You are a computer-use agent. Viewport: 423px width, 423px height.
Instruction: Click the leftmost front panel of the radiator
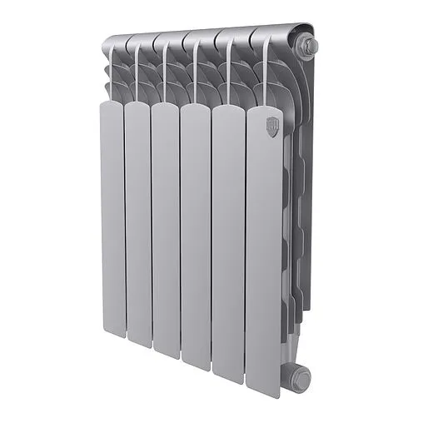(112, 216)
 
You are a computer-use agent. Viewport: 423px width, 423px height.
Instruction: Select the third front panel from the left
(165, 229)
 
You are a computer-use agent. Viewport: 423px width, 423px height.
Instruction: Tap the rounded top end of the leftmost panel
(112, 106)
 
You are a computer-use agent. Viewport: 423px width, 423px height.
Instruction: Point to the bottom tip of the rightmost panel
(263, 390)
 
